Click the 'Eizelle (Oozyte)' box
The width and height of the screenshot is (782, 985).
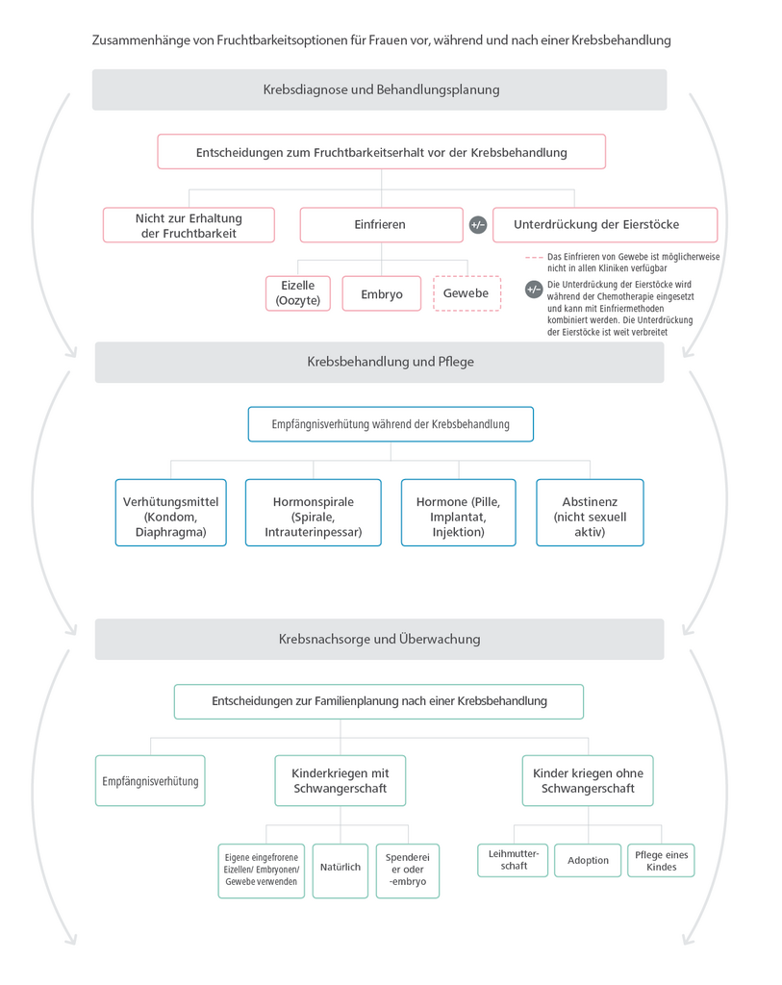pyautogui.click(x=297, y=293)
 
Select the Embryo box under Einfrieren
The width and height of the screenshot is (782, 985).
pyautogui.click(x=382, y=294)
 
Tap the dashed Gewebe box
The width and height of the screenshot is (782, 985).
pyautogui.click(x=467, y=293)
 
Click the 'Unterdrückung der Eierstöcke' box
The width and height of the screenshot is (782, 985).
pyautogui.click(x=604, y=225)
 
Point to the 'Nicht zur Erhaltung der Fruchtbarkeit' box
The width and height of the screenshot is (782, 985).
pyautogui.click(x=189, y=225)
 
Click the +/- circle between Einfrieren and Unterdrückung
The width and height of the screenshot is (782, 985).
pyautogui.click(x=478, y=225)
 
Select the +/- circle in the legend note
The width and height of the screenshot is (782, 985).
pyautogui.click(x=534, y=290)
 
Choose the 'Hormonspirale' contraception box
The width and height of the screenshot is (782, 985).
pyautogui.click(x=314, y=517)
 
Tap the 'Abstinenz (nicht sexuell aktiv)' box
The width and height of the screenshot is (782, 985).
pyautogui.click(x=590, y=517)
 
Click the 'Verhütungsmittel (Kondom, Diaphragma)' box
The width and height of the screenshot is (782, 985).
pyautogui.click(x=171, y=517)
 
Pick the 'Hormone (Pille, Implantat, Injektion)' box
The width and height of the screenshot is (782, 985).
pyautogui.click(x=458, y=517)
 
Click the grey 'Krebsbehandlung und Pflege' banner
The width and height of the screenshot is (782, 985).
pyautogui.click(x=380, y=363)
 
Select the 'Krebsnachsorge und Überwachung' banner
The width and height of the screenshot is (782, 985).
pyautogui.click(x=380, y=639)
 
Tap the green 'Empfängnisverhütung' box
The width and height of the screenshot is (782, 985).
pyautogui.click(x=150, y=781)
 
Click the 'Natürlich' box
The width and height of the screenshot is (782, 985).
pyautogui.click(x=341, y=868)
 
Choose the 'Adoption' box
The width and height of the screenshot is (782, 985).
pyautogui.click(x=588, y=860)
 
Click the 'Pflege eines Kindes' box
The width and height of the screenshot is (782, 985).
pyautogui.click(x=662, y=860)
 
